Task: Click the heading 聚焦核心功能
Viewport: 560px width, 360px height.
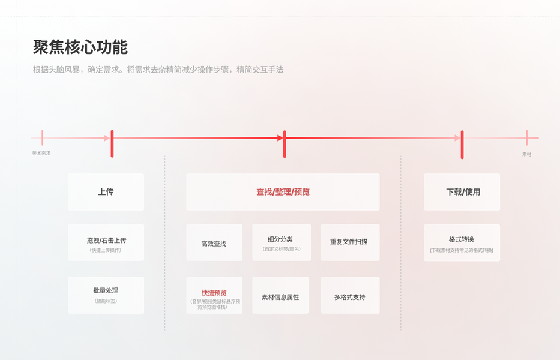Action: click(x=80, y=47)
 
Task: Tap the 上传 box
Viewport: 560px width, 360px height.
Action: click(x=106, y=192)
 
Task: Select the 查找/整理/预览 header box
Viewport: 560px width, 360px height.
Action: click(x=283, y=192)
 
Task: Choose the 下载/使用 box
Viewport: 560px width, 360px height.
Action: click(x=462, y=192)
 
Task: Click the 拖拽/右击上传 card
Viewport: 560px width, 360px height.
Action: click(x=106, y=242)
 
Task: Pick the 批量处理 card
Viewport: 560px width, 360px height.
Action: click(x=106, y=295)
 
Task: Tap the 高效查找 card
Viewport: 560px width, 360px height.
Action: click(x=214, y=243)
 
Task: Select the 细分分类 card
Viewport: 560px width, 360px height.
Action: click(x=282, y=242)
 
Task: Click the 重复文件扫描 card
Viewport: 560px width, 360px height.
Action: click(x=350, y=242)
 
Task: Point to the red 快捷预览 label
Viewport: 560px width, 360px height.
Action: click(x=214, y=293)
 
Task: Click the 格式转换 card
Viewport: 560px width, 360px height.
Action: click(x=462, y=243)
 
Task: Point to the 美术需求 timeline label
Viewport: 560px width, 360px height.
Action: click(x=41, y=154)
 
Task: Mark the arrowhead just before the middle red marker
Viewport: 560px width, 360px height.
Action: click(x=280, y=138)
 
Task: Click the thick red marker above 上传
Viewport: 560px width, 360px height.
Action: click(x=112, y=144)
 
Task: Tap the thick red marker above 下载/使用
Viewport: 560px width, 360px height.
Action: click(x=462, y=145)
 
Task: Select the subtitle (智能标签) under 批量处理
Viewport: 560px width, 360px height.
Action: click(x=106, y=301)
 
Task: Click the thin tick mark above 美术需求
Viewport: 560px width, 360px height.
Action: click(x=42, y=138)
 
